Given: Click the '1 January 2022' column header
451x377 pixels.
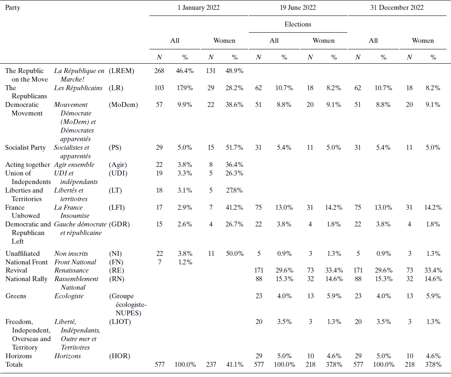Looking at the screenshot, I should [x=199, y=7].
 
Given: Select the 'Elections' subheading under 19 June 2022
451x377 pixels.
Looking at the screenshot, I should [x=298, y=24].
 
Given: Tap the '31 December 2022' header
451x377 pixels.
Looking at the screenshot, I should [x=397, y=7].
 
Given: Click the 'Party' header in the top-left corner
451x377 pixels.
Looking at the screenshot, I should [x=13, y=7].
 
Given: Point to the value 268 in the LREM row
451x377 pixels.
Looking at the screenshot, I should [x=159, y=71].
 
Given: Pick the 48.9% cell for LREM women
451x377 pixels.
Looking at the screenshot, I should [x=234, y=71].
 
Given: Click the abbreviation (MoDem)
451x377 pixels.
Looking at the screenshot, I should [x=123, y=105].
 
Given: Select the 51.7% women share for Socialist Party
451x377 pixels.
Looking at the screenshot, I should [x=234, y=148].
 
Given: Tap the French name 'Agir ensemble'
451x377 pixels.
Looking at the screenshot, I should [x=74, y=165].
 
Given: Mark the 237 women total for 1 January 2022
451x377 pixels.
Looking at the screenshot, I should [x=210, y=365].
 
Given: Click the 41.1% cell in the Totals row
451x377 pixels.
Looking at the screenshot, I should [x=234, y=365].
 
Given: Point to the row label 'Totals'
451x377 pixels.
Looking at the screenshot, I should [x=14, y=365].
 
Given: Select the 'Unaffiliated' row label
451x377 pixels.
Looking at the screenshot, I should [x=22, y=254].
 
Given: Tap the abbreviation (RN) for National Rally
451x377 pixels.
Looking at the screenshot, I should [x=116, y=279].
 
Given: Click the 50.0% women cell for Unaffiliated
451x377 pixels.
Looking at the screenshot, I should [x=234, y=254].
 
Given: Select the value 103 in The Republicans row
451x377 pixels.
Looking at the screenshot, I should [x=159, y=88].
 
